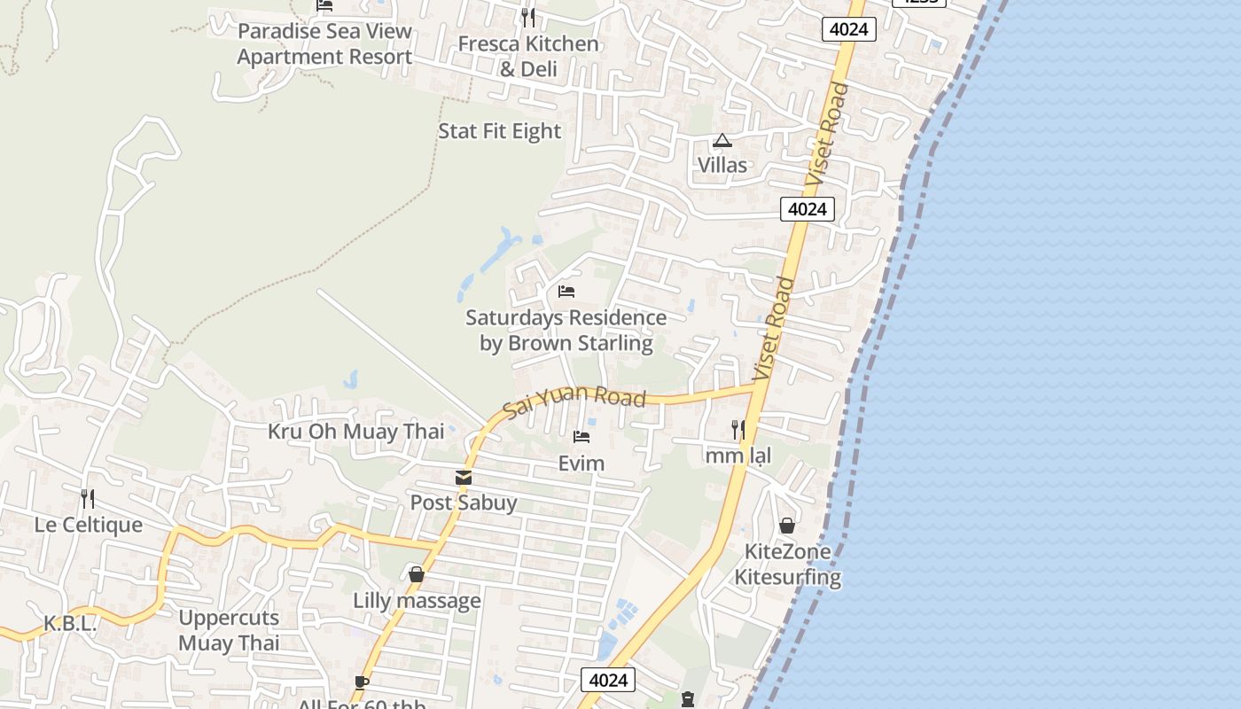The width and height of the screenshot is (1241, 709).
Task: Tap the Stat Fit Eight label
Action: (500, 131)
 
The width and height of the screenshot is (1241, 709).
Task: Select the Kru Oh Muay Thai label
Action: (356, 432)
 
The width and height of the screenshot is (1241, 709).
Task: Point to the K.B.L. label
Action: (70, 623)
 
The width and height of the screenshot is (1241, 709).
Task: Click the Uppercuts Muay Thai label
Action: (229, 630)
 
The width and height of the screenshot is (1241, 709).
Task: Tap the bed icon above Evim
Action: (581, 437)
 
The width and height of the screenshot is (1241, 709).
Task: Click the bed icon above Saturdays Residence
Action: (566, 292)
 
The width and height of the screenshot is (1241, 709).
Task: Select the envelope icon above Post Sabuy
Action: (464, 478)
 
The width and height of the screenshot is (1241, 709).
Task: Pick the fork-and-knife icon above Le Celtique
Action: (88, 498)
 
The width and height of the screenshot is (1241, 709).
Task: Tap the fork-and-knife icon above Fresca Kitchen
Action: (528, 17)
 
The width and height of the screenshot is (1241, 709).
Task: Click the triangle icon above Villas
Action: (722, 141)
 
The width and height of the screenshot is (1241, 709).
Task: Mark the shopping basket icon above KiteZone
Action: (787, 526)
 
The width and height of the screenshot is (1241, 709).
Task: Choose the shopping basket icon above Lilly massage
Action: (417, 574)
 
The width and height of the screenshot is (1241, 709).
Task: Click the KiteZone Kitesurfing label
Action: (788, 565)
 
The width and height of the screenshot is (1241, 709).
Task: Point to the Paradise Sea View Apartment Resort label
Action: (324, 43)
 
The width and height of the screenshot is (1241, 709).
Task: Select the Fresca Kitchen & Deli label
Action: (528, 56)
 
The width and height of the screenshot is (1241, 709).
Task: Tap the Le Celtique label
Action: (89, 525)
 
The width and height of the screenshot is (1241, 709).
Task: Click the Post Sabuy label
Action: (464, 503)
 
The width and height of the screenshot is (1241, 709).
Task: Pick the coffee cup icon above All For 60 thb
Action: (361, 682)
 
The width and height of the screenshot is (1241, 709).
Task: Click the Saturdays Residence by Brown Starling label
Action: (566, 330)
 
